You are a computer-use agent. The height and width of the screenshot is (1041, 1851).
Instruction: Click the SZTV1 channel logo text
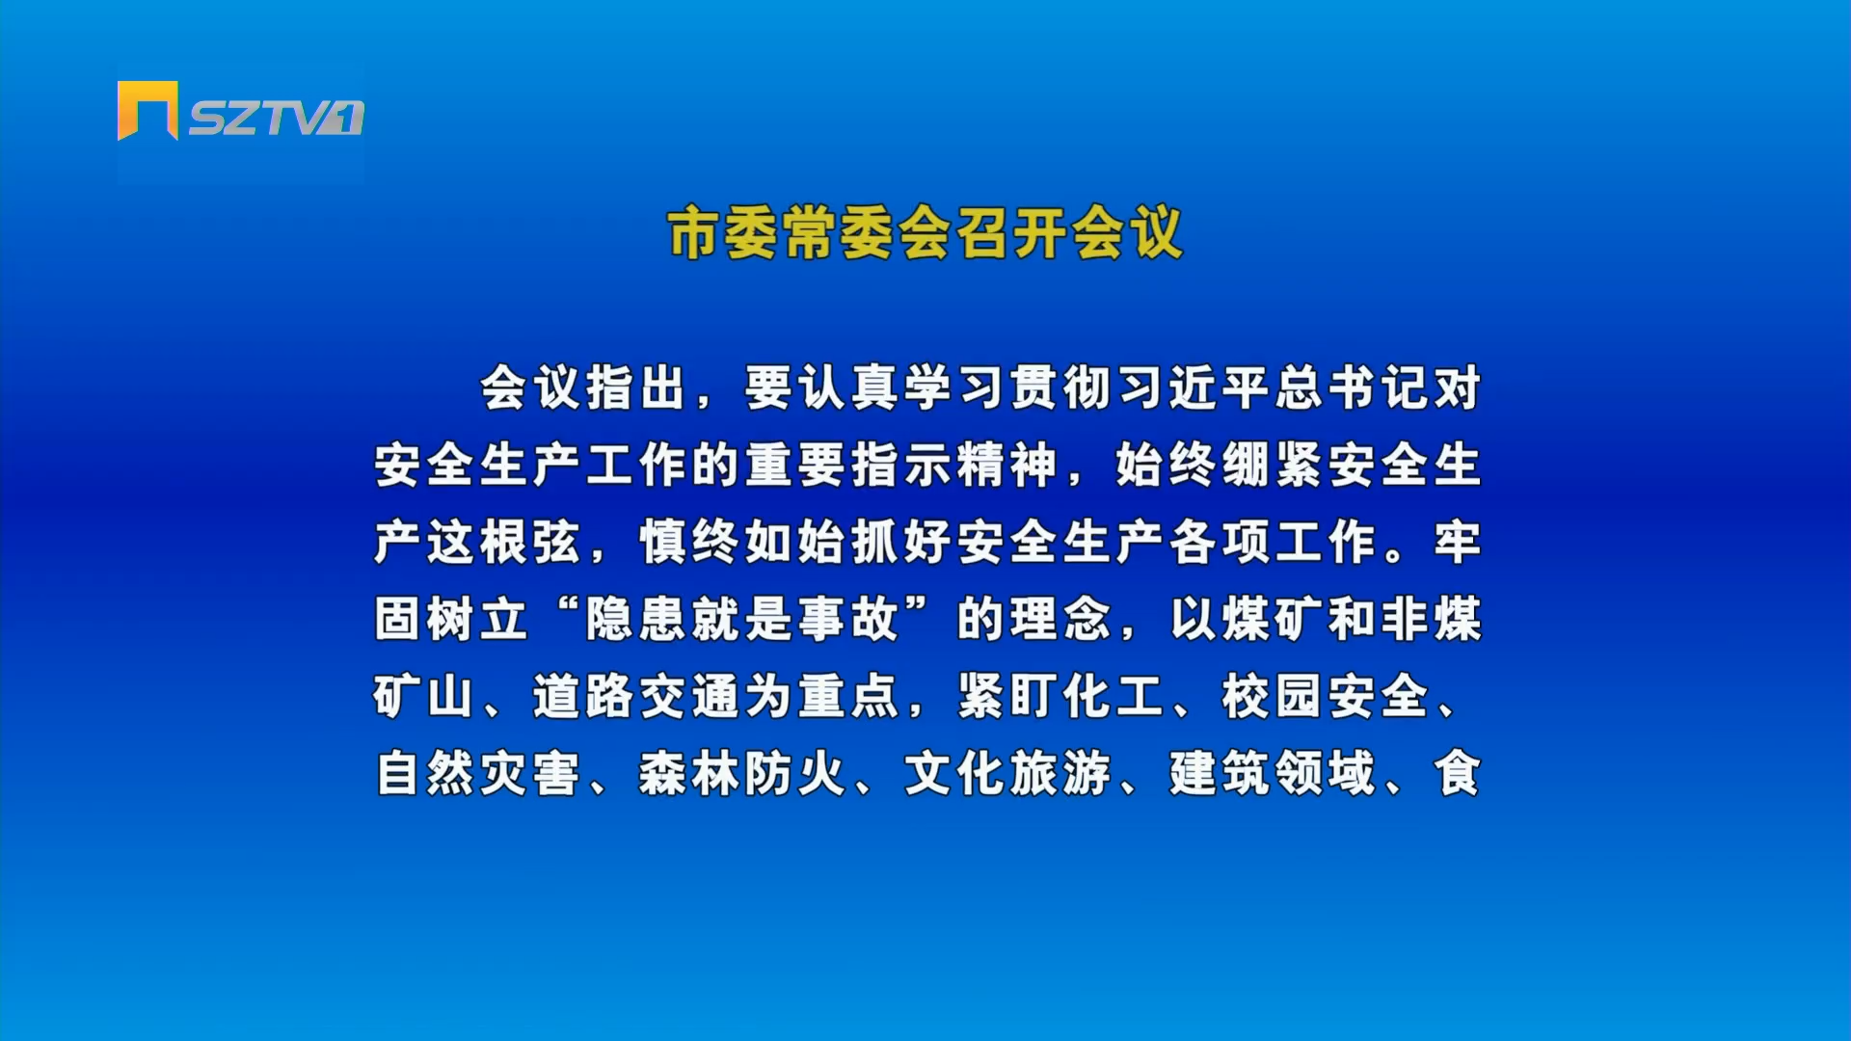click(276, 118)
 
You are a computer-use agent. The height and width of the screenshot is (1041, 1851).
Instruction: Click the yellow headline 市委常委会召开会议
click(925, 233)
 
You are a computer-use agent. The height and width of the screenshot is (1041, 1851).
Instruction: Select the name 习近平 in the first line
click(1194, 387)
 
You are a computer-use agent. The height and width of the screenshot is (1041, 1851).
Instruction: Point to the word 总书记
click(1354, 387)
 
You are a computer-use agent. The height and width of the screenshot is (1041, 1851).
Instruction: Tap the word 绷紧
click(1274, 465)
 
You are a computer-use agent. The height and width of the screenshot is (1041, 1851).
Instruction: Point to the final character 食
click(1457, 773)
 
